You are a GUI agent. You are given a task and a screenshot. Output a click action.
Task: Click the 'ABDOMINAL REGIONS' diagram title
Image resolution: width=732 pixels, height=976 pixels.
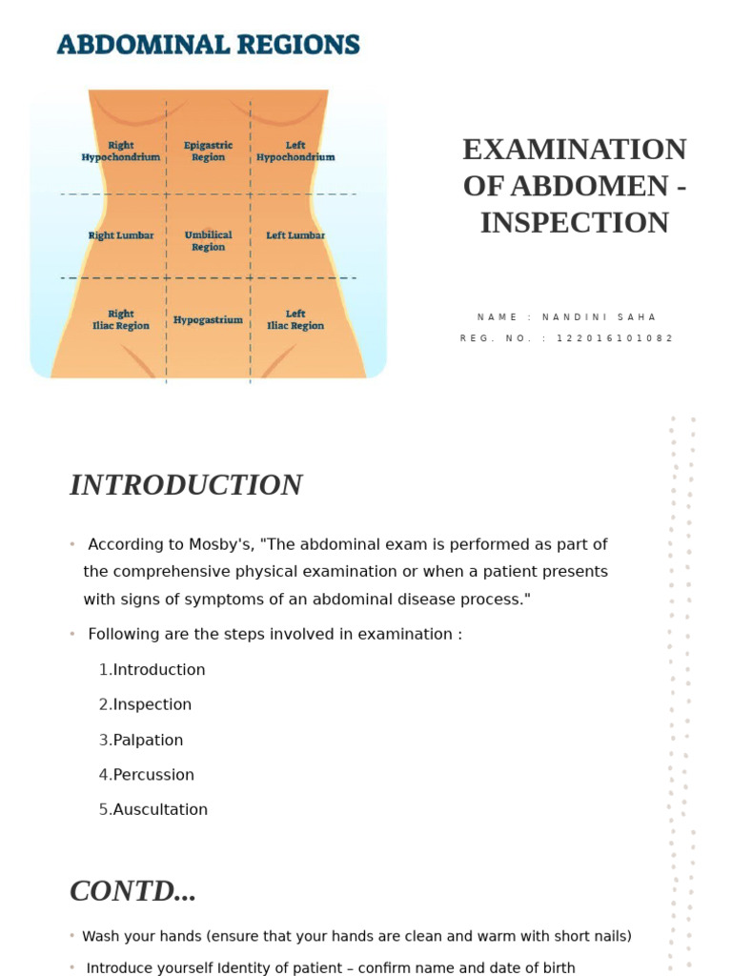coord(208,45)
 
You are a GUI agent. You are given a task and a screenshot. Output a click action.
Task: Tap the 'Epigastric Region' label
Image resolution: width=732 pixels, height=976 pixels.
coord(208,152)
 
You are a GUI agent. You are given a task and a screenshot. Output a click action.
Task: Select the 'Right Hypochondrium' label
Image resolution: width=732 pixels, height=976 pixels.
coord(121,152)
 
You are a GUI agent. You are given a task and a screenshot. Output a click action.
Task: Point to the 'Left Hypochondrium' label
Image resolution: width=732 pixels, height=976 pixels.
coord(295,152)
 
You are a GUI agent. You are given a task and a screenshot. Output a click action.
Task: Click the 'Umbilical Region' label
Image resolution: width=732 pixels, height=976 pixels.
coord(208,241)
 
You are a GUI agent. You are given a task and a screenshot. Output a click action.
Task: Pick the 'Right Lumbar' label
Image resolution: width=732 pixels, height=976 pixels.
coord(121,235)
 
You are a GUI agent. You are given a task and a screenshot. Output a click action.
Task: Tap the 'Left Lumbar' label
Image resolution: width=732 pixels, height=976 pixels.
coord(295,235)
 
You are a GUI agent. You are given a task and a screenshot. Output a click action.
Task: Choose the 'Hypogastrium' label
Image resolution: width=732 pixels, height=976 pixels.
coord(208,320)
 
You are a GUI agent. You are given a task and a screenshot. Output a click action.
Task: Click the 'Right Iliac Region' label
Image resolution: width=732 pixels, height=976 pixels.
coord(121,319)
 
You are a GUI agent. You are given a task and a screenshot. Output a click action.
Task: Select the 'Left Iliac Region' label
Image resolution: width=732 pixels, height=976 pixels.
coord(295,319)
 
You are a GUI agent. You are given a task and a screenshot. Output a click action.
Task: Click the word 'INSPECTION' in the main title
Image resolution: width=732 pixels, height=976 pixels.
coord(574,223)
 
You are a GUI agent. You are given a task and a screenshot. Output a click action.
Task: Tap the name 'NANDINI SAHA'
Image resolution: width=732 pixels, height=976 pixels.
coord(600,317)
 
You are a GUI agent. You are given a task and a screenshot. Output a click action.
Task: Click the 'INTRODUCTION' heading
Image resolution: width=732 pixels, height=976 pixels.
coord(186,485)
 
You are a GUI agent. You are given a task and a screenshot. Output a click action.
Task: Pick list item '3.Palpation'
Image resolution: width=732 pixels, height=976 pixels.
coord(141,740)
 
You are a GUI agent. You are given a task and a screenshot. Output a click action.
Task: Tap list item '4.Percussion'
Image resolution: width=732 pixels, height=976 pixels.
coord(147,775)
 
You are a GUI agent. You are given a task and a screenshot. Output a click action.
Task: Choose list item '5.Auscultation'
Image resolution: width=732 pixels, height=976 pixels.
coord(153,809)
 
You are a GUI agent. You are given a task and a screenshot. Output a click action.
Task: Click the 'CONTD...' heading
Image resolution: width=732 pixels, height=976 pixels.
coord(132,891)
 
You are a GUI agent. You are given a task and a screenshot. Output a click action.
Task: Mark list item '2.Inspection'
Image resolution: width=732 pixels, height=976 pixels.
coord(145,704)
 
